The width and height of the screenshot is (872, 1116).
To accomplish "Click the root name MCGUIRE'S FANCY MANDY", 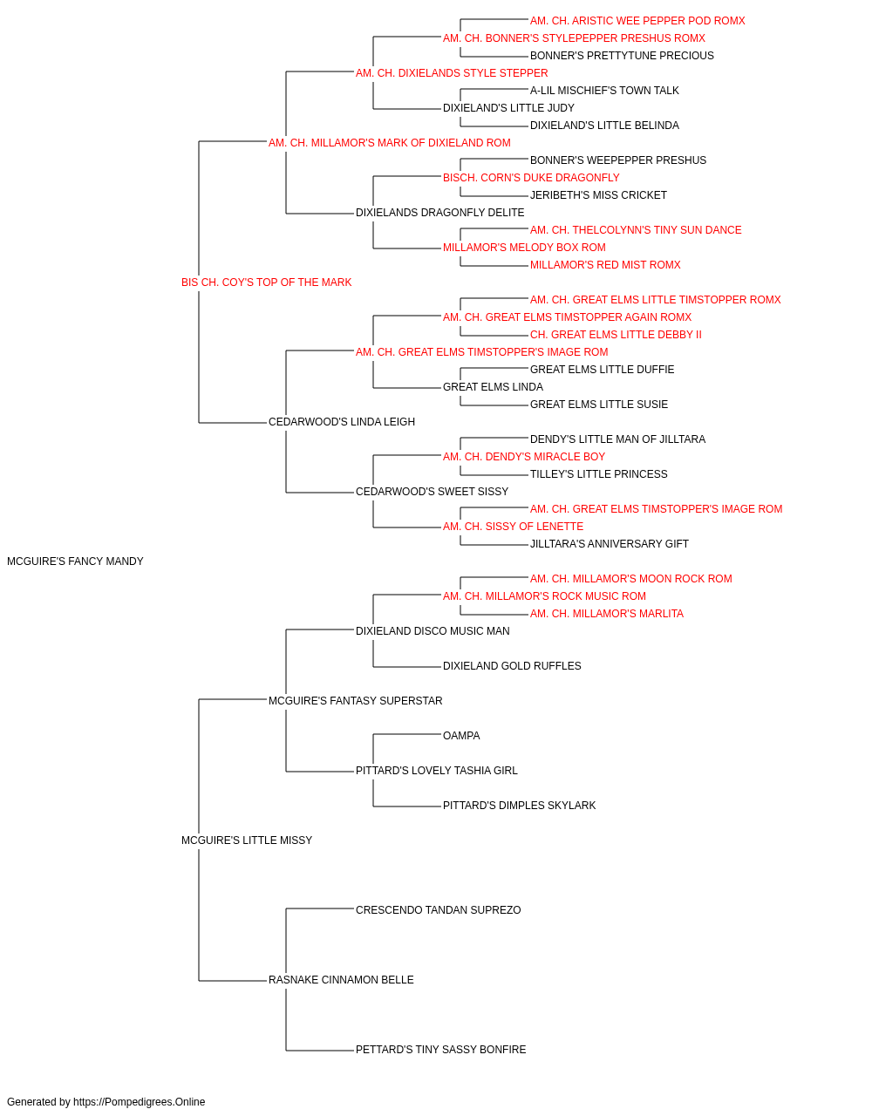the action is coord(75,561).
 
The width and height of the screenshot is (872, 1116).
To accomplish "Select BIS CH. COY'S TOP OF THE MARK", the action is coord(266,282).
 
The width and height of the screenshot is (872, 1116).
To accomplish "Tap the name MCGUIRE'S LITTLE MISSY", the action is coord(247,840).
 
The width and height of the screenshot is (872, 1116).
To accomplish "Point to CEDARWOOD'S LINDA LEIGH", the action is coord(342,422).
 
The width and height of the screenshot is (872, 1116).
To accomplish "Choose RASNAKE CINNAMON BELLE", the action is coord(341,980).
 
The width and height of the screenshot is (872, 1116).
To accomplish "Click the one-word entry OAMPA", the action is coord(461,736).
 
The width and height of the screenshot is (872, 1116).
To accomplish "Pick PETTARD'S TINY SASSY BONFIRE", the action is coord(440,1050).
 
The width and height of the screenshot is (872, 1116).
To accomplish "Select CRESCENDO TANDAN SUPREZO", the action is coord(438,910).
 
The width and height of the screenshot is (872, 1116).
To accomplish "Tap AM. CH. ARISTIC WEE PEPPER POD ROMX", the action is coord(637,21).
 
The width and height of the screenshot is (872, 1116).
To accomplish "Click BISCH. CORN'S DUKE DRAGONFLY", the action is coord(531,178).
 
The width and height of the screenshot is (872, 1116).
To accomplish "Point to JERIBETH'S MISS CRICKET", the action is coord(598,195).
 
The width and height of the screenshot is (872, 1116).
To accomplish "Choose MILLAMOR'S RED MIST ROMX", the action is coord(605,265).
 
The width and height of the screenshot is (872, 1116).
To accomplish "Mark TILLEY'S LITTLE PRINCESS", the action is coord(599,474).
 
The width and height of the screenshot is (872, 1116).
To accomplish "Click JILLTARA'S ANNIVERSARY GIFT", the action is coord(609,544).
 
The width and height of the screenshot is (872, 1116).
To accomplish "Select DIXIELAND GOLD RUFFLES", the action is coord(512,666).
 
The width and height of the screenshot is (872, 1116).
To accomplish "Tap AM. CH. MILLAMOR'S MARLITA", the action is coord(607,614).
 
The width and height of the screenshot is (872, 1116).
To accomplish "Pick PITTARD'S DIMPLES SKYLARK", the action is coord(519,806).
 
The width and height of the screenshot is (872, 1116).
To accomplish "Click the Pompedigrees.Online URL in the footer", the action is coord(140,1102).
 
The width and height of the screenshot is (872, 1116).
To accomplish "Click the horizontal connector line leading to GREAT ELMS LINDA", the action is coord(406,388).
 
